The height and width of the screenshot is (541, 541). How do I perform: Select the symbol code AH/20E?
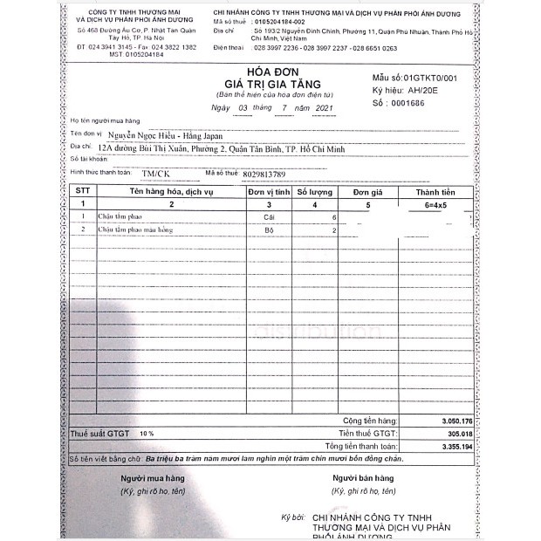point(426,90)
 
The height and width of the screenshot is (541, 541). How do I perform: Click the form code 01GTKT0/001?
point(428,78)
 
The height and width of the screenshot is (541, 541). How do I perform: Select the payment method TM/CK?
point(157,174)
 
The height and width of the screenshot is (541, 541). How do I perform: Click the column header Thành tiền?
point(436,191)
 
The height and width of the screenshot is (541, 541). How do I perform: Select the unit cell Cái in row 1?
point(268,216)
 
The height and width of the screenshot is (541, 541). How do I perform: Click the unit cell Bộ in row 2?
point(268,229)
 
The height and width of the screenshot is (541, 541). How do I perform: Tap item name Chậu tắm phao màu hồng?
point(135,229)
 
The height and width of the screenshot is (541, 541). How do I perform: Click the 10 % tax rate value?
point(146,433)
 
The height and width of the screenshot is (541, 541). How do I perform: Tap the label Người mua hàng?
point(153,478)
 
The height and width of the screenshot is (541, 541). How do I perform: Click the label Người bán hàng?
point(363,478)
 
